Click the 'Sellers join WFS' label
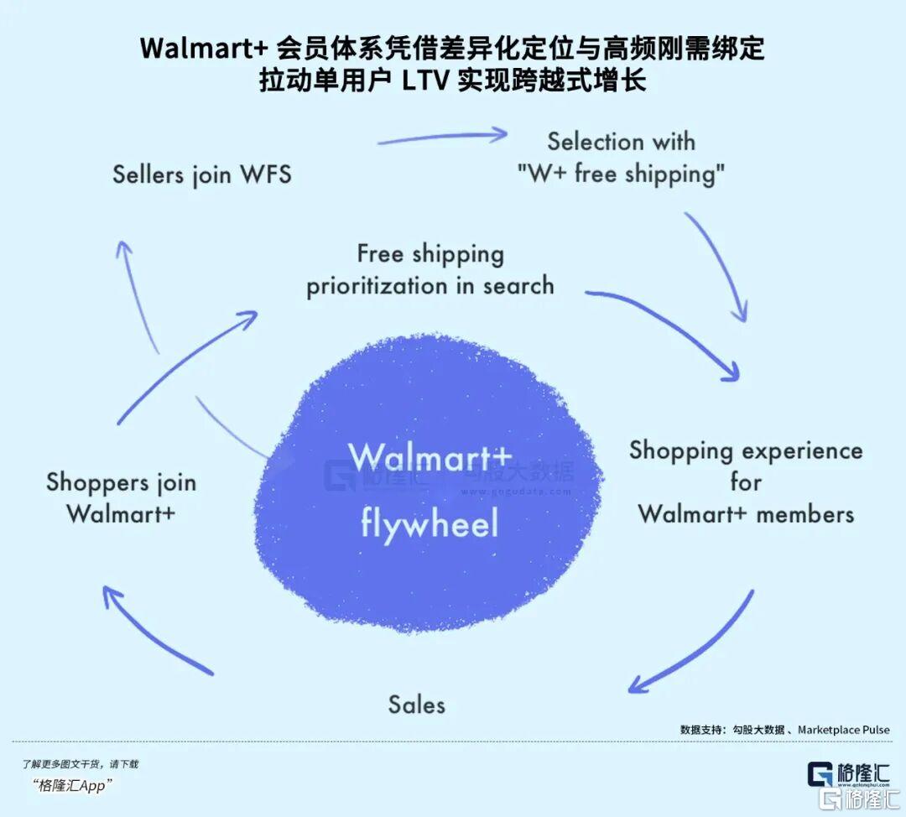click(202, 174)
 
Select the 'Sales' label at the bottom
click(416, 705)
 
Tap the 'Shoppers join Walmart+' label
click(121, 497)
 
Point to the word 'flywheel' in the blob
click(430, 523)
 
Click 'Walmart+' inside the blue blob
click(430, 458)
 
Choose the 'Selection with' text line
click(621, 141)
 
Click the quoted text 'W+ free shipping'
click(621, 174)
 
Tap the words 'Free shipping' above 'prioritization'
click(430, 253)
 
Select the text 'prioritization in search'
click(430, 286)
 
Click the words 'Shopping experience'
click(746, 450)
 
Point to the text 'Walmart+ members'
click(746, 513)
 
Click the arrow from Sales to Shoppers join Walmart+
click(151, 633)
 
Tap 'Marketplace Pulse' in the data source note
click(843, 730)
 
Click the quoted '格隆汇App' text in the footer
click(75, 786)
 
